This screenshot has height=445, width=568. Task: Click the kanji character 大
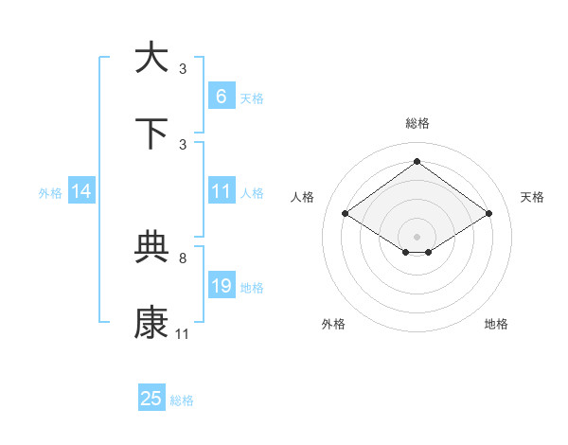click(x=151, y=58)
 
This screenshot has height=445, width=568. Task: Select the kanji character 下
click(x=151, y=133)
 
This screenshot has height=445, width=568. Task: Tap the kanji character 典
click(x=151, y=247)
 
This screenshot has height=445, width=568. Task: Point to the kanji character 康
click(x=151, y=323)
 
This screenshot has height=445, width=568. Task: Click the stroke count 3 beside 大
click(x=183, y=69)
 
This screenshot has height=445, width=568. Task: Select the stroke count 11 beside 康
click(x=183, y=334)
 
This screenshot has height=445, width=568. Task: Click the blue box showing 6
click(x=221, y=96)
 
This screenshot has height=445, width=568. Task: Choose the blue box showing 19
click(x=221, y=285)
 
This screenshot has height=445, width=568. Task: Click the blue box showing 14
click(x=81, y=191)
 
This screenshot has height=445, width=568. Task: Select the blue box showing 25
click(x=151, y=399)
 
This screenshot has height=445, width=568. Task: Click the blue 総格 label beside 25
click(x=182, y=400)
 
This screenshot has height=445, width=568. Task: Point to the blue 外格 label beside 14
click(x=50, y=192)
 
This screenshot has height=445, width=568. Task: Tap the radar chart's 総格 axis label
click(x=417, y=123)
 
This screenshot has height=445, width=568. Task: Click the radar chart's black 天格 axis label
click(x=532, y=197)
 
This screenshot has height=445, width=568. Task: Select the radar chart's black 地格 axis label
click(x=496, y=324)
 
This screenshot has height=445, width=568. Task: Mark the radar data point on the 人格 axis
click(x=345, y=214)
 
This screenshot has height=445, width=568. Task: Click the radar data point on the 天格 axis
click(x=488, y=214)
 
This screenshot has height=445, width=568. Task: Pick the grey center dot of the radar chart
click(x=417, y=235)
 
